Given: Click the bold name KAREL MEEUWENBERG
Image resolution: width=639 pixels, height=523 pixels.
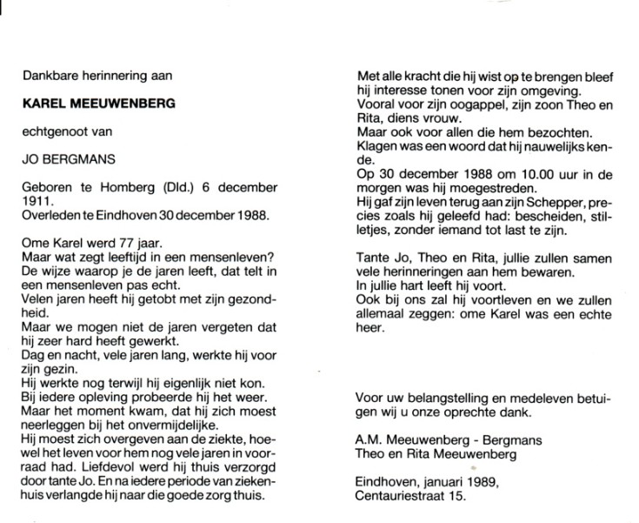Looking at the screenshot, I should [99, 104].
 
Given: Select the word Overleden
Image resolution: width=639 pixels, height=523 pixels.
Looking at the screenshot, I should [54, 214].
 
